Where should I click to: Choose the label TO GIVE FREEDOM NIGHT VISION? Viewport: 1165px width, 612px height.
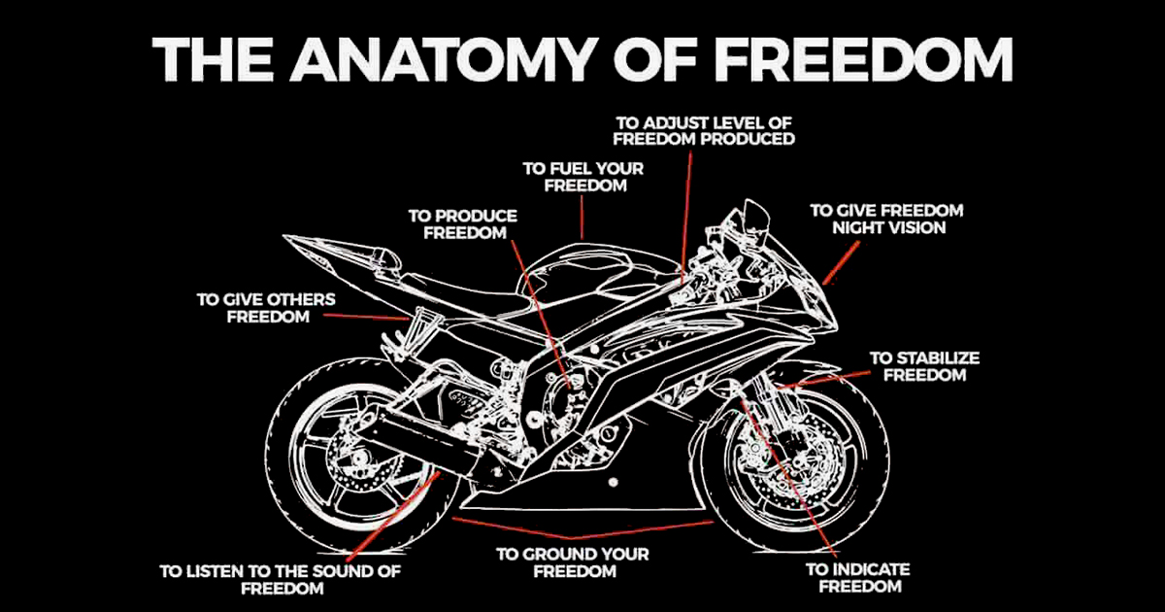pos(886,219)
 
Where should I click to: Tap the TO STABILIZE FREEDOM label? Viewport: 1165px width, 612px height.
pos(923,366)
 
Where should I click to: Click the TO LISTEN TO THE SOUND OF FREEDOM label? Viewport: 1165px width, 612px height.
pos(281,579)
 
